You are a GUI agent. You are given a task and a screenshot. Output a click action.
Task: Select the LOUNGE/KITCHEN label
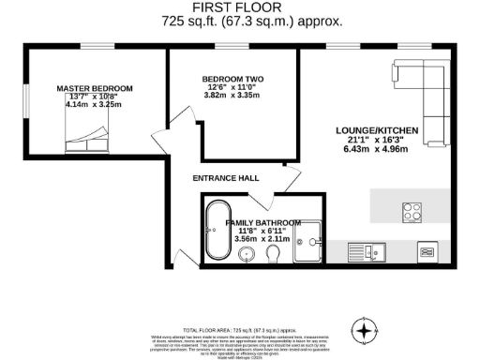pyautogui.click(x=383, y=129)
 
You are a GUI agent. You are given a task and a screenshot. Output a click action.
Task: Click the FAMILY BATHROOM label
pyautogui.click(x=262, y=223)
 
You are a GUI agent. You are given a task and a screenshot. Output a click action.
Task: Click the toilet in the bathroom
pyautogui.click(x=274, y=254)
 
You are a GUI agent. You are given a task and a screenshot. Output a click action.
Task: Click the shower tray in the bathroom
pyautogui.click(x=308, y=242)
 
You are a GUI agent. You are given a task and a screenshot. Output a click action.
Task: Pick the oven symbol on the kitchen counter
pyautogui.click(x=427, y=251)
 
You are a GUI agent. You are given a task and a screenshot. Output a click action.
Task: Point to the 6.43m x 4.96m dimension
pyautogui.click(x=383, y=148)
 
